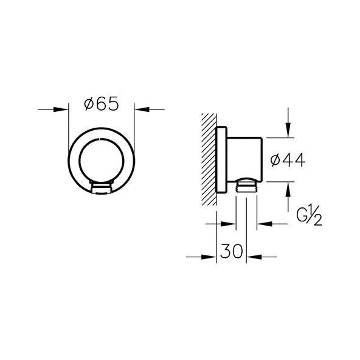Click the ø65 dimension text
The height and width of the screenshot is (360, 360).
[x=101, y=105]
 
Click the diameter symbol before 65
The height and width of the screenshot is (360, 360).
[x=88, y=105]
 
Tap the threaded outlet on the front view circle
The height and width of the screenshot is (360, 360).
[x=101, y=187]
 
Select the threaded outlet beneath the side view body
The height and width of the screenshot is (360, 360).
[x=245, y=185]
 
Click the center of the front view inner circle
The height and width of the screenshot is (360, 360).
[x=101, y=161]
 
